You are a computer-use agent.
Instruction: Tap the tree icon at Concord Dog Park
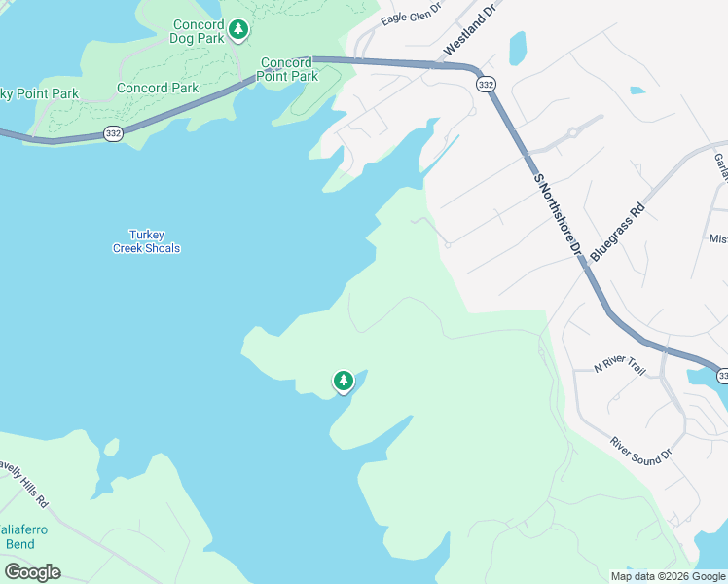point(238,31)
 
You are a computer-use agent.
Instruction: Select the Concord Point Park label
point(289,70)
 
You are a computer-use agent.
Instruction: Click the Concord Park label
point(158,88)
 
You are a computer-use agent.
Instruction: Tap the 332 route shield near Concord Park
point(114,134)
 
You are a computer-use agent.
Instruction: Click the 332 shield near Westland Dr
point(486,85)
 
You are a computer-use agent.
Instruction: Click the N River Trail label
point(620,367)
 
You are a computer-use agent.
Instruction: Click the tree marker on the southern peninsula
point(343,381)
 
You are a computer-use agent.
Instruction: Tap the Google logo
point(32,572)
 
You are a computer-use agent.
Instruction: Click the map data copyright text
point(667,575)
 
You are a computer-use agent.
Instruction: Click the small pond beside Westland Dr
point(518,47)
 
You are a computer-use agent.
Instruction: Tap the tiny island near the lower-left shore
point(111,446)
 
